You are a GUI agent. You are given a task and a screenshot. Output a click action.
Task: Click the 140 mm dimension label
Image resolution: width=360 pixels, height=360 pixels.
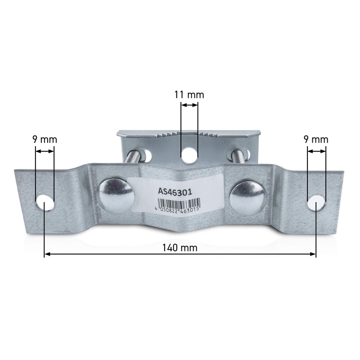[180, 248]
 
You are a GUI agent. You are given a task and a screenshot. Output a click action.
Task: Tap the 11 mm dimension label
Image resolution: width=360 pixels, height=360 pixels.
[189, 95]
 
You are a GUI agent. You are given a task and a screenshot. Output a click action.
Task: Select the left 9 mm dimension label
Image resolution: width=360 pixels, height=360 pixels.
[45, 139]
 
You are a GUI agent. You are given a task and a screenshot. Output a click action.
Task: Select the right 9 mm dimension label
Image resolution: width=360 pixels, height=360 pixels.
[316, 139]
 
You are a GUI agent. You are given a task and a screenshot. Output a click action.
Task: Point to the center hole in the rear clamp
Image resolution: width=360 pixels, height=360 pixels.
[189, 155]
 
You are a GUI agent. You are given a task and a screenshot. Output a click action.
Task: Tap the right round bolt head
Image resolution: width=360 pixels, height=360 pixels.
[246, 195]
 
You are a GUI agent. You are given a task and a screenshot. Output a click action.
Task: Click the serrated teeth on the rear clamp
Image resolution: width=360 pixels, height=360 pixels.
[189, 134]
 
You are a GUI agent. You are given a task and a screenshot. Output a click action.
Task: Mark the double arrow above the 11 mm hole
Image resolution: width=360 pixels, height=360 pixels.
[189, 105]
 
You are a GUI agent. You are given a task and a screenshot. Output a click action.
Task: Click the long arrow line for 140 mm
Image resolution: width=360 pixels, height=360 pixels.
[180, 255]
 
